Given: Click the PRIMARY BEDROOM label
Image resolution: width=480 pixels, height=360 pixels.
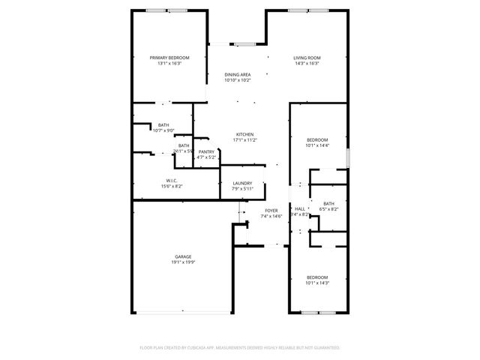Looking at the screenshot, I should [169, 58].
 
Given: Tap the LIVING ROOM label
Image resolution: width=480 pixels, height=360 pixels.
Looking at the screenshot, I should [306, 58].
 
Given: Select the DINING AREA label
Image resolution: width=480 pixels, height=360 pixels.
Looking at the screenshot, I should [237, 74].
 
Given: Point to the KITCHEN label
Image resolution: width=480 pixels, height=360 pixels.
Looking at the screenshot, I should [245, 134].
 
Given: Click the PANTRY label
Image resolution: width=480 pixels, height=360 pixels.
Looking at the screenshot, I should [206, 152].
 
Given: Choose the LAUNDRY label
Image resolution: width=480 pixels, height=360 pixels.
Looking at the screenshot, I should [242, 183].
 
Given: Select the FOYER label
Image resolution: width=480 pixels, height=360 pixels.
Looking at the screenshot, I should [271, 211].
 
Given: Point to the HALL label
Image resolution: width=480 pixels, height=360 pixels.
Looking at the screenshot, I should [300, 208].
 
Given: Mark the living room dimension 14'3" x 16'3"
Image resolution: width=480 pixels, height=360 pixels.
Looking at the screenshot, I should [306, 64].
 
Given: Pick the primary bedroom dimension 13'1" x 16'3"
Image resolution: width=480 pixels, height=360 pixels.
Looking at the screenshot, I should [169, 64].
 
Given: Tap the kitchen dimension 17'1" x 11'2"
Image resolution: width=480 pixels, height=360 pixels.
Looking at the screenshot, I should [245, 140].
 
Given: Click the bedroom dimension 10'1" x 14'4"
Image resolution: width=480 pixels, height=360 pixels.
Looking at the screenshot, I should [317, 146].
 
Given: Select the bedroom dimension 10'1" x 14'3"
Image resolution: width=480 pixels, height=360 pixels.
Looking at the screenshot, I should [317, 284].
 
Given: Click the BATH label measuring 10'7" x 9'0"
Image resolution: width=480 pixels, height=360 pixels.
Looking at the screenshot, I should [163, 125].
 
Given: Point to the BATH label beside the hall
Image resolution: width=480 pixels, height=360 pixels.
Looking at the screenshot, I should [328, 203].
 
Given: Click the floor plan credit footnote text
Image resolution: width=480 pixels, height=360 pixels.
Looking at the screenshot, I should [240, 348].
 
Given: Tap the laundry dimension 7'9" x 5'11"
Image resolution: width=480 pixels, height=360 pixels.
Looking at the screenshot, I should [242, 188].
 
